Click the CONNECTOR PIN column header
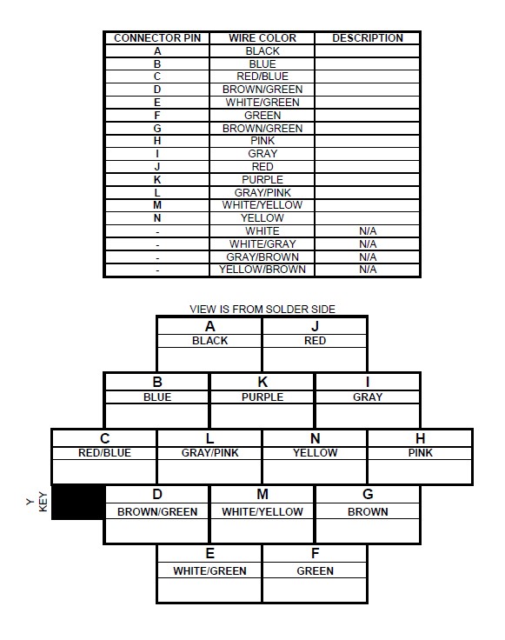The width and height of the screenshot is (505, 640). [x=157, y=38]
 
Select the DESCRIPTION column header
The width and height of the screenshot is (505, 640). [x=368, y=38]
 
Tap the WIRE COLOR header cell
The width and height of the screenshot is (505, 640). [x=262, y=38]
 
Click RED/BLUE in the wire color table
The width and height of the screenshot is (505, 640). [x=262, y=77]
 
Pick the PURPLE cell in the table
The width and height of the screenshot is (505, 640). [x=262, y=180]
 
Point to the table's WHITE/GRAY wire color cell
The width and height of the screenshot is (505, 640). [x=262, y=244]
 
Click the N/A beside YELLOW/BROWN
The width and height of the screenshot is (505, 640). [x=368, y=270]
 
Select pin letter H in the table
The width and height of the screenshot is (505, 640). [x=157, y=141]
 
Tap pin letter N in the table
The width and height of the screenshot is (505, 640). [x=157, y=218]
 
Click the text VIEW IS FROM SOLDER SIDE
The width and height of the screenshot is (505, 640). [x=262, y=309]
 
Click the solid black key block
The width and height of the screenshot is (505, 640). [x=77, y=502]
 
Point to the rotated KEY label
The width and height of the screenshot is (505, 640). [x=43, y=502]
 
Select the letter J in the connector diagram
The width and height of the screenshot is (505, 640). [x=315, y=327]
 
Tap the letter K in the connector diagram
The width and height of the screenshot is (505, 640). [x=262, y=382]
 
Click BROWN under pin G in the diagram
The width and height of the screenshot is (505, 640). [x=368, y=512]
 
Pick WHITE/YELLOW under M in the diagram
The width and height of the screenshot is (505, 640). [x=262, y=512]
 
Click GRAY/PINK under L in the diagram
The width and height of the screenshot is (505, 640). [x=209, y=453]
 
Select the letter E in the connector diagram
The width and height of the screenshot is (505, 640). [x=209, y=553]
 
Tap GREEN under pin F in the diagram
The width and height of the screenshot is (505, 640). [x=315, y=570]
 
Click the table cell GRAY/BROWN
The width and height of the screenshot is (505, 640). [x=262, y=257]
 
